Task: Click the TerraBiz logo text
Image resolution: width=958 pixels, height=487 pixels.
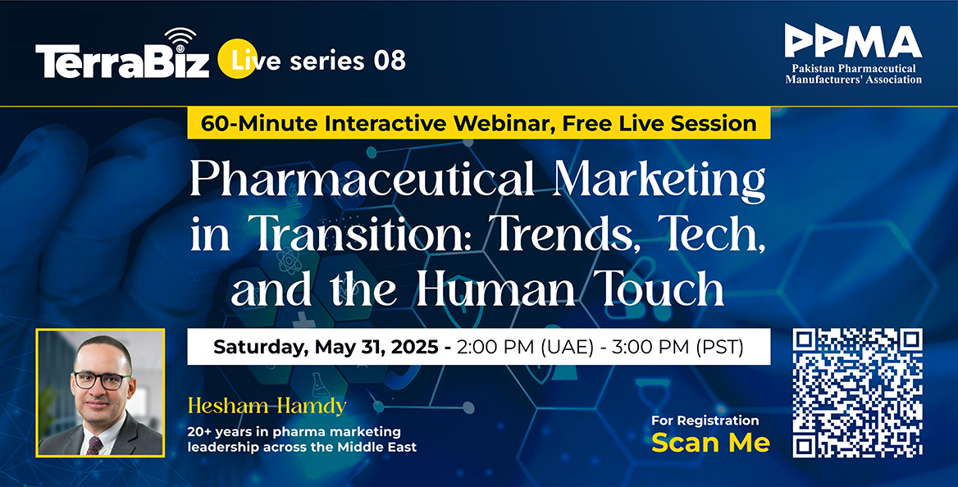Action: coord(122,61)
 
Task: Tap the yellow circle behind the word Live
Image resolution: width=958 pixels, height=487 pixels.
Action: coord(237,59)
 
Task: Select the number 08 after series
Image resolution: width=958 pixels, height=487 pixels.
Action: coord(390,61)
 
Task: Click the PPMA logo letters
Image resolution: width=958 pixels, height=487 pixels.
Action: coord(853,42)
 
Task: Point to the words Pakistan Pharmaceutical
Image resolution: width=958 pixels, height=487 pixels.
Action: coord(854,68)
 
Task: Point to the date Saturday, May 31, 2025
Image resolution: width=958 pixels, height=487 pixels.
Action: coord(326,347)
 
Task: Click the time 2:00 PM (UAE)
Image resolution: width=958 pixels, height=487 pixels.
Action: coord(525,347)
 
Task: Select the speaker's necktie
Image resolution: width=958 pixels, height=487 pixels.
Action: coord(94,445)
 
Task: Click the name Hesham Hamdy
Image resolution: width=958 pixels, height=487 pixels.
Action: coord(267,405)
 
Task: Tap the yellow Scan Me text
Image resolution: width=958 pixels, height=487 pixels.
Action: coord(710,443)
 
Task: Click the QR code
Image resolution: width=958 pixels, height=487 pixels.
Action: coord(858,393)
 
